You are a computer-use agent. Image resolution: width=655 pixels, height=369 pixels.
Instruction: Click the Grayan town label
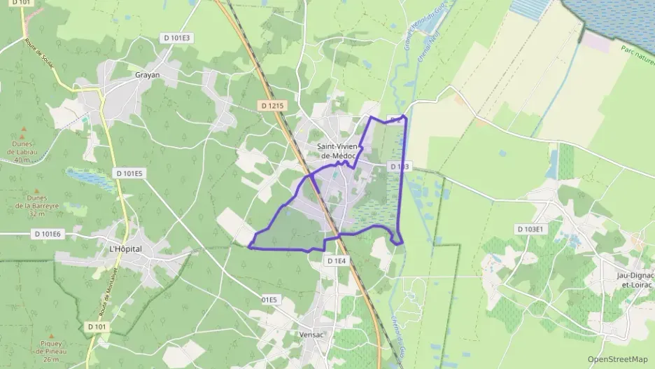tap(147, 75)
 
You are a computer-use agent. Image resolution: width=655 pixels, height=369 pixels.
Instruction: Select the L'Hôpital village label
tap(126, 249)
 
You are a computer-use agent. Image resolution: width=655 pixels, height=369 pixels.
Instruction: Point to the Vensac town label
tap(311, 335)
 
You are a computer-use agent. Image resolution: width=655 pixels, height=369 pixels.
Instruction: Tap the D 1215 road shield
tap(271, 106)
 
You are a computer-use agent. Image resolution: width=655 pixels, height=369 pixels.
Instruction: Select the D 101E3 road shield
tap(176, 38)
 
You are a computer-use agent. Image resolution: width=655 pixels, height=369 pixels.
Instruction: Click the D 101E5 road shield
tap(129, 173)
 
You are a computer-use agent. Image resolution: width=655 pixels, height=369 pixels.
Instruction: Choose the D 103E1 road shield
tap(531, 229)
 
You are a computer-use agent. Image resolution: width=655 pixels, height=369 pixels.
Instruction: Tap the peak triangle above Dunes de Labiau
tap(24, 130)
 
